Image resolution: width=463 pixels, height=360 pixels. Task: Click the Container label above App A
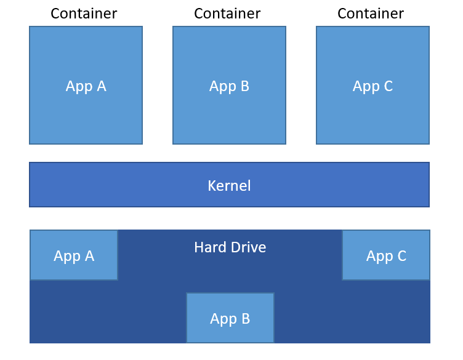point(84,14)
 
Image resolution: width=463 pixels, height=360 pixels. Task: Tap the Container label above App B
point(227,14)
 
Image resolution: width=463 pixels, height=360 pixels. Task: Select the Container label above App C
point(371,14)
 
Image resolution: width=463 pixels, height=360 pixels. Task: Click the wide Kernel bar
point(123,185)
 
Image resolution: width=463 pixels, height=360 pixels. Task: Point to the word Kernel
point(229,186)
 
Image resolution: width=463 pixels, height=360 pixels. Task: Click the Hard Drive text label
point(230,247)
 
